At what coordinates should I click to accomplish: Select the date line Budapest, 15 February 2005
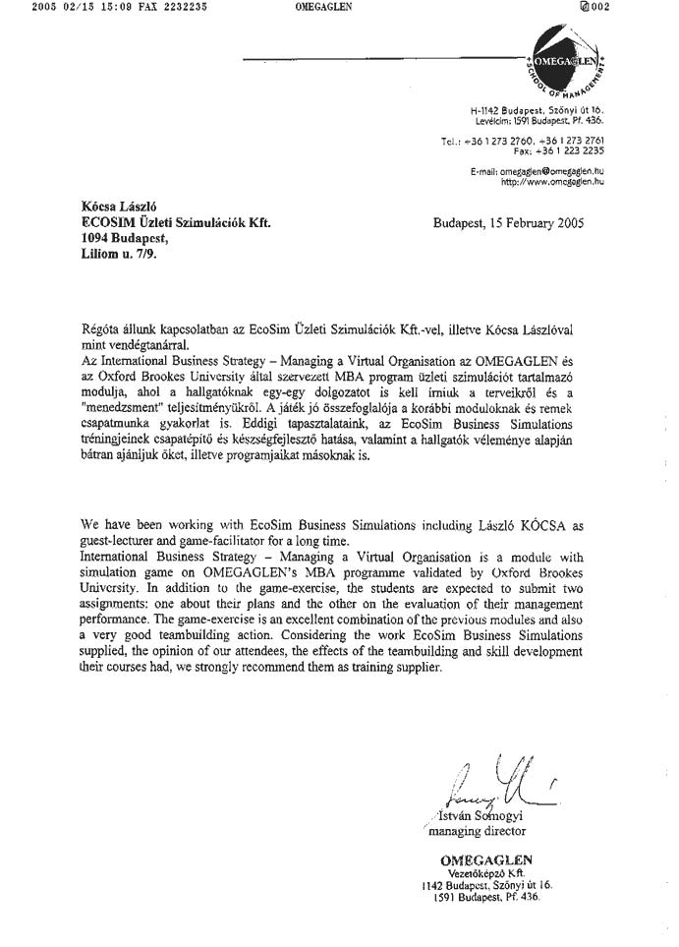(x=508, y=223)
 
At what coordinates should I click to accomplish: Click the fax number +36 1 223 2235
(x=558, y=151)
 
